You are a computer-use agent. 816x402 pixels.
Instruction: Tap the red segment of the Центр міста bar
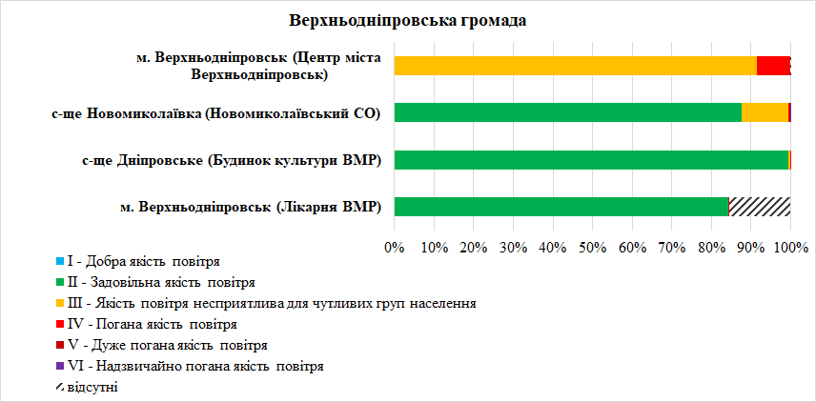pyautogui.click(x=772, y=66)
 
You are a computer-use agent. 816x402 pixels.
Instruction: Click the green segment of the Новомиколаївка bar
pyautogui.click(x=567, y=112)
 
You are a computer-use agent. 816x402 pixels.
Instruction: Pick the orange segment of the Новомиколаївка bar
pyautogui.click(x=765, y=112)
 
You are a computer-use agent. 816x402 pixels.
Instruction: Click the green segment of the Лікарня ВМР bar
pyautogui.click(x=561, y=206)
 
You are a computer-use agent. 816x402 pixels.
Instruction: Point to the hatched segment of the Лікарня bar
pyautogui.click(x=760, y=206)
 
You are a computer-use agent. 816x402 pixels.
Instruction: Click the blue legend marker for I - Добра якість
pyautogui.click(x=59, y=261)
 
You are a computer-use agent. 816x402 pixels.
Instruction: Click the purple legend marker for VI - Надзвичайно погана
pyautogui.click(x=59, y=366)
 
